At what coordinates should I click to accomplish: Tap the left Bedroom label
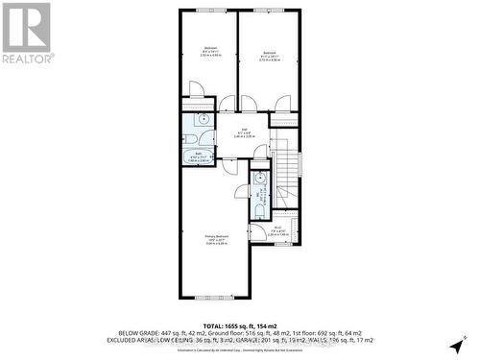coord(209,52)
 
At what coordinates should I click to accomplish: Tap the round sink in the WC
coord(259,178)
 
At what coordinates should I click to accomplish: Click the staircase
coord(285,173)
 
